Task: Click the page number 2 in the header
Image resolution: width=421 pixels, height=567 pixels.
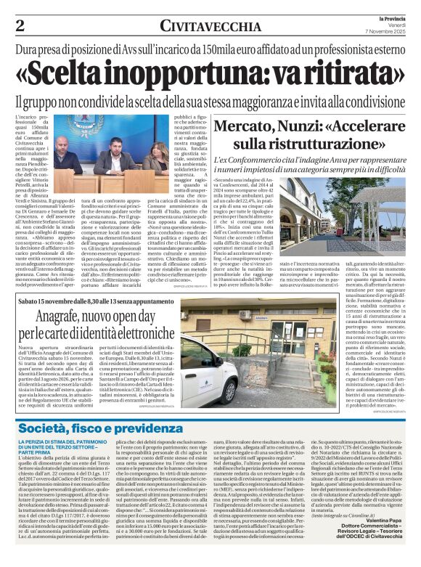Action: coord(20,25)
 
